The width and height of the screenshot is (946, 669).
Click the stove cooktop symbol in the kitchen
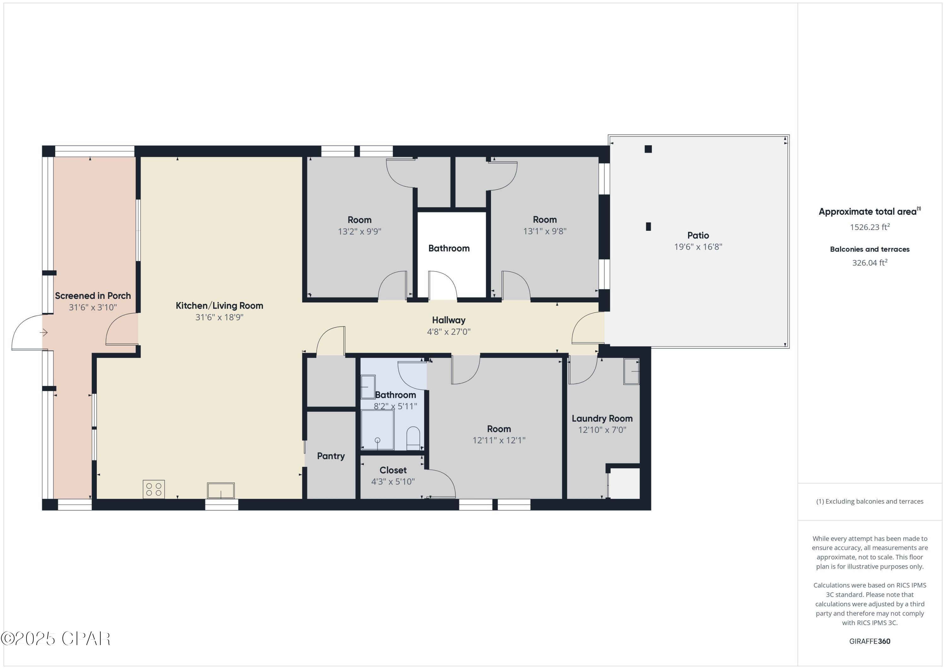click(x=154, y=489)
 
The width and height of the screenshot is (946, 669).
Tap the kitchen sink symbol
click(x=221, y=491)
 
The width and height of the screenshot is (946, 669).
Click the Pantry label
click(x=331, y=456)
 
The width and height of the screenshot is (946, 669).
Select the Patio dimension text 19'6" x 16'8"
click(x=698, y=247)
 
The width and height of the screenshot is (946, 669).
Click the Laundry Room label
click(x=602, y=419)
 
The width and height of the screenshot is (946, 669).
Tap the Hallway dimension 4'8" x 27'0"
click(x=449, y=332)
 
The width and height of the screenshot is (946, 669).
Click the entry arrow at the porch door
click(x=44, y=332)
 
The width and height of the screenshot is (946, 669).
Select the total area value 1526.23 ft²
click(x=869, y=227)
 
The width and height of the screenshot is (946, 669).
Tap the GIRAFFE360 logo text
click(x=869, y=641)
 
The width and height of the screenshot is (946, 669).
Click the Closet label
click(x=393, y=470)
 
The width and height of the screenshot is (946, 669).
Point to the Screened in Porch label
click(x=93, y=296)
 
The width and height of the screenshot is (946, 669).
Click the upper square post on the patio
click(x=648, y=149)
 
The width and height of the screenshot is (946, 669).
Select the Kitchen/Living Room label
click(x=219, y=306)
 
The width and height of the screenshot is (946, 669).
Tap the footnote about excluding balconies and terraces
click(x=869, y=501)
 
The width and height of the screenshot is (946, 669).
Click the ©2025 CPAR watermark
click(x=55, y=639)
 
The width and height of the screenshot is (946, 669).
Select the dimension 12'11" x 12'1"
click(x=499, y=440)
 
